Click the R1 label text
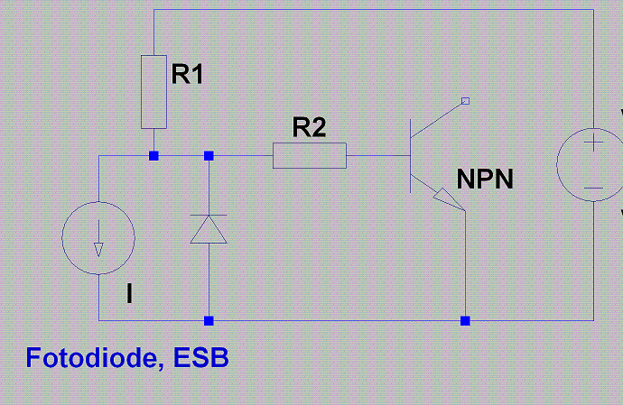pyautogui.click(x=187, y=74)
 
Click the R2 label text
pyautogui.click(x=309, y=127)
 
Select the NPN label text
pyautogui.click(x=485, y=179)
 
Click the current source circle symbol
pyautogui.click(x=62, y=238)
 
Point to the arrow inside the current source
pyautogui.click(x=98, y=238)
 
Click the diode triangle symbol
pyautogui.click(x=209, y=229)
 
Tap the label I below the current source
pyautogui.click(x=129, y=294)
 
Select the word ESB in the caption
pyautogui.click(x=201, y=357)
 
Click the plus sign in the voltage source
pyautogui.click(x=593, y=143)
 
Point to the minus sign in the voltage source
pyautogui.click(x=593, y=189)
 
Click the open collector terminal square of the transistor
pyautogui.click(x=465, y=101)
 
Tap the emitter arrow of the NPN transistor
pyautogui.click(x=449, y=199)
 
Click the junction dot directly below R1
pyautogui.click(x=153, y=156)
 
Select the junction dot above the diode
pyautogui.click(x=209, y=156)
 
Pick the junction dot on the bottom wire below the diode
pyautogui.click(x=209, y=320)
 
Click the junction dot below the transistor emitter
pyautogui.click(x=465, y=320)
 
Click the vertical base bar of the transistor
pyautogui.click(x=411, y=156)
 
